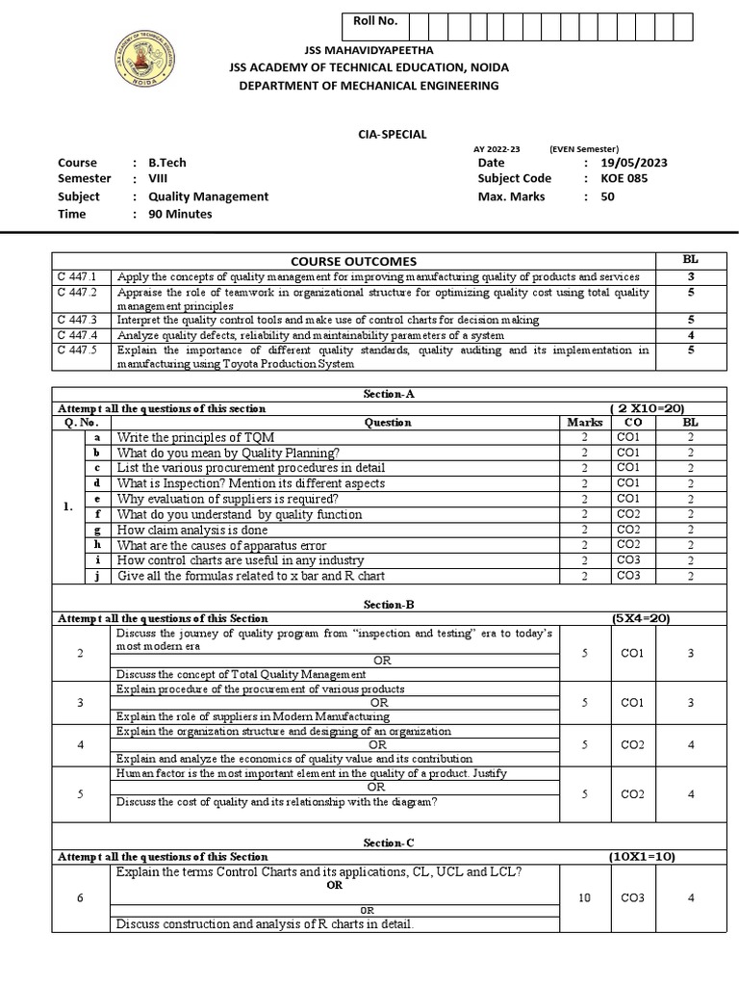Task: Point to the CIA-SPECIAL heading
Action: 370,135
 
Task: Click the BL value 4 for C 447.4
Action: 690,335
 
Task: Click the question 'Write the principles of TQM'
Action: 195,437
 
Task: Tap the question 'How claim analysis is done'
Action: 187,530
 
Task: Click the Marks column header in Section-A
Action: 584,423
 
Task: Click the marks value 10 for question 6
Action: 584,897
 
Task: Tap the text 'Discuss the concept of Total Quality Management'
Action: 241,674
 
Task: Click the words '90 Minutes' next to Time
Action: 180,214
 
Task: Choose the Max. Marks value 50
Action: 607,196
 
